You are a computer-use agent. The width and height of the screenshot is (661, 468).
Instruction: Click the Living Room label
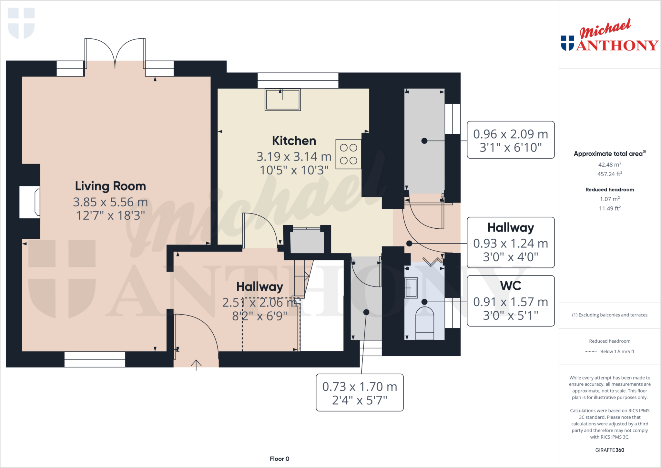pos(110,186)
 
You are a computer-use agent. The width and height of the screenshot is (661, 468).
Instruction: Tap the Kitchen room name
pos(294,141)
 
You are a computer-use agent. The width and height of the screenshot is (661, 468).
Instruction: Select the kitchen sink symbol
pos(283,100)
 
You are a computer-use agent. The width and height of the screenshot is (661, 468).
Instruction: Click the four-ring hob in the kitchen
pos(348,154)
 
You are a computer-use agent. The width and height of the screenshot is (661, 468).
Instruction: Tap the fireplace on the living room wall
pos(30,202)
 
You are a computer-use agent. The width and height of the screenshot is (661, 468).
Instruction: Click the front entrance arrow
pos(196,365)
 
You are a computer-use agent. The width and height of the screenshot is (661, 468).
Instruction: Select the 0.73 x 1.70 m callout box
pos(360,393)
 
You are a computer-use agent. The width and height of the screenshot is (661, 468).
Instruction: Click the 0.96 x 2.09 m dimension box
pos(511,140)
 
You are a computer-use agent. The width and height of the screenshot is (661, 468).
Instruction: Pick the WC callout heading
pos(511,286)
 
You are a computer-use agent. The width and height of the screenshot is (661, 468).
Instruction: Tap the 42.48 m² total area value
pos(609,165)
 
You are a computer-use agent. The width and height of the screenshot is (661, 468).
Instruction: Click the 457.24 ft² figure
pos(609,174)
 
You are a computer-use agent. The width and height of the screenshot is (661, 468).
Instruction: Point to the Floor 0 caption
pos(280,459)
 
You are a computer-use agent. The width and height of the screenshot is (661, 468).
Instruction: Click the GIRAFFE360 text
pos(609,450)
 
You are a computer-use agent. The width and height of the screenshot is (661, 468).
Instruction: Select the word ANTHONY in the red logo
pos(617,46)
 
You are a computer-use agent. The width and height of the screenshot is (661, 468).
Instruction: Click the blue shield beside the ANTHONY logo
pos(567,43)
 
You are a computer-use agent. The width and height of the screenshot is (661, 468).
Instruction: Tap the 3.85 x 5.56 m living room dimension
pos(110,202)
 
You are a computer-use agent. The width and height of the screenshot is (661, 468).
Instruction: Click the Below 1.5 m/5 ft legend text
pos(617,351)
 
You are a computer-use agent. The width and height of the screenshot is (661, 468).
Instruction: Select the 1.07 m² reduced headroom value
pos(609,199)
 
